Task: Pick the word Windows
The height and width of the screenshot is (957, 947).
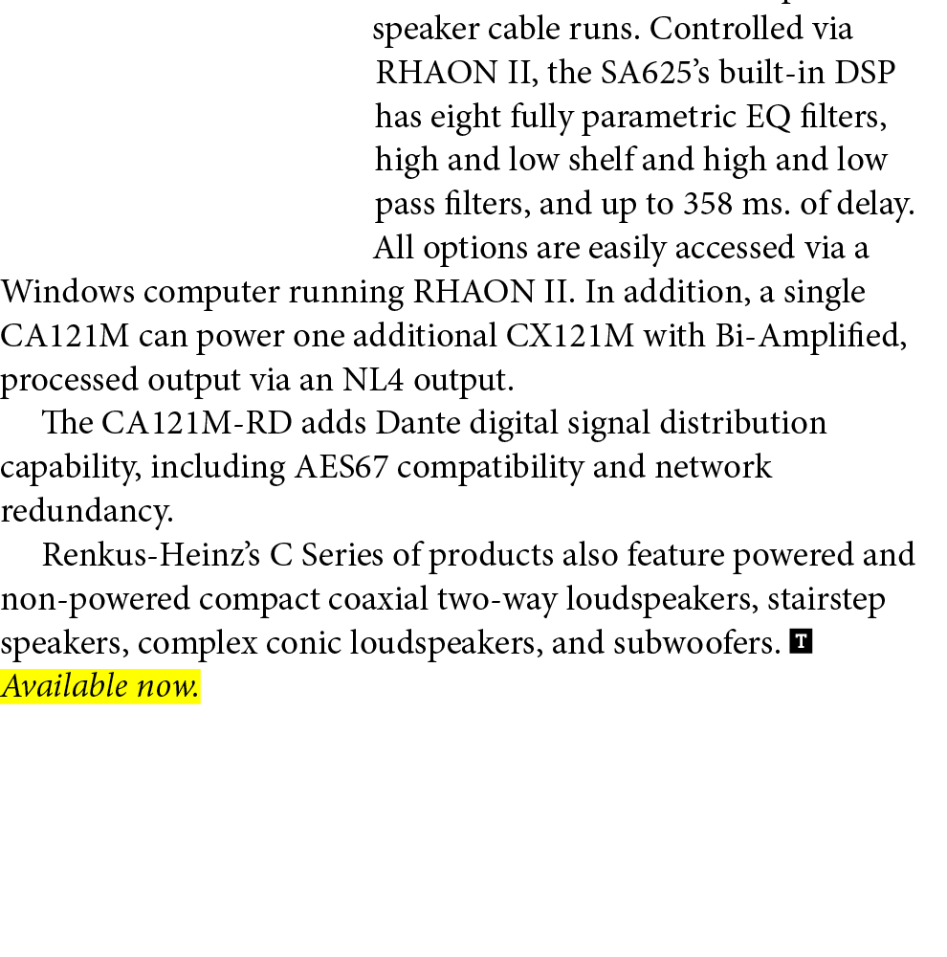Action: [67, 291]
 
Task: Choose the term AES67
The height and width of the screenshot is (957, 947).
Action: [344, 467]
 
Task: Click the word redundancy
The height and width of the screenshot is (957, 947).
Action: [86, 511]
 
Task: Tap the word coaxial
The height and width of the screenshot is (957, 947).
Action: [378, 599]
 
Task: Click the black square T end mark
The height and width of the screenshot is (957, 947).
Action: [802, 641]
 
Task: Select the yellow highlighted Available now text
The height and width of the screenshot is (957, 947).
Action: [100, 686]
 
